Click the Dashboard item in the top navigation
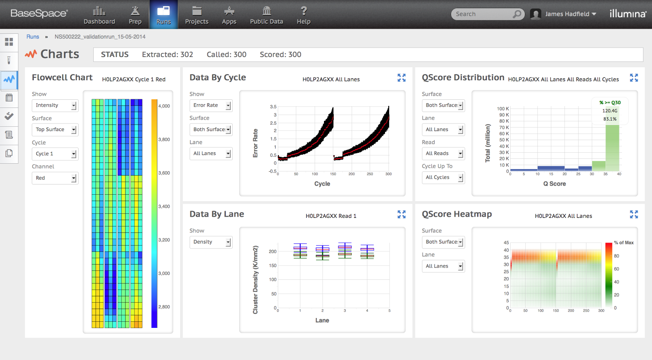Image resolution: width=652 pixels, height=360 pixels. click(99, 15)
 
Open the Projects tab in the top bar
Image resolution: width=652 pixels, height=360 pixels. click(196, 15)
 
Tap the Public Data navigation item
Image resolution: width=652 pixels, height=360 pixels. click(266, 15)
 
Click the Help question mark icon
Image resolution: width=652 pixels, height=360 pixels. click(304, 11)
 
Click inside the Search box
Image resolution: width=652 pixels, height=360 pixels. click(483, 14)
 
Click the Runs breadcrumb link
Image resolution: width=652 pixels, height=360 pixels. click(33, 37)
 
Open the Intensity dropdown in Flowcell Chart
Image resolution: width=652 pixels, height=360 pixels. click(55, 105)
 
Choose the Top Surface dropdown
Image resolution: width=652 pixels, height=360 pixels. click(55, 130)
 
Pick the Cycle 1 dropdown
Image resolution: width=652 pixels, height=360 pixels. click(55, 154)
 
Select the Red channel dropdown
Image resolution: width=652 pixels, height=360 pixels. click(55, 178)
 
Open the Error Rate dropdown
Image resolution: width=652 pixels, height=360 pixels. click(211, 105)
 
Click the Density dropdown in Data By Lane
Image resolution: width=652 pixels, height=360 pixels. click(211, 242)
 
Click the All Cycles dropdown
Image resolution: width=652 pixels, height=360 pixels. click(443, 178)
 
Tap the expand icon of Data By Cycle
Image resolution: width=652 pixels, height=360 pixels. click(401, 78)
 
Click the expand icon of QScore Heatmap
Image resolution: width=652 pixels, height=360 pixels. click(634, 214)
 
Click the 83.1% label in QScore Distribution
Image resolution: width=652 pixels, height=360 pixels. click(610, 119)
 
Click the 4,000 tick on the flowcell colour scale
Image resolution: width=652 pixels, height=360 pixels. click(164, 106)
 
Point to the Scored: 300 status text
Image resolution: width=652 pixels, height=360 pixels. click(280, 55)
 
